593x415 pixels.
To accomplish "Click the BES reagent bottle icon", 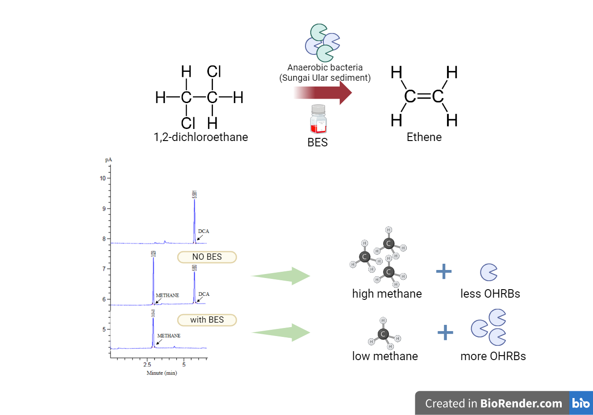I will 318,119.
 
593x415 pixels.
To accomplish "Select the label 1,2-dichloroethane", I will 200,137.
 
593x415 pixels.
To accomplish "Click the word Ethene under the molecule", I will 424,137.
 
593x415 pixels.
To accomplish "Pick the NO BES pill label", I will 207,257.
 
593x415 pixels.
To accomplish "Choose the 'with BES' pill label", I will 207,320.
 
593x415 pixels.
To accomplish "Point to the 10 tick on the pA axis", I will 103,178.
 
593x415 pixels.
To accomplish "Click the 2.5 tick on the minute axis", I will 147,365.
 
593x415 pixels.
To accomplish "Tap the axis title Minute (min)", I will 162,373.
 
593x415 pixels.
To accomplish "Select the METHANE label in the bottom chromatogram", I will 169,336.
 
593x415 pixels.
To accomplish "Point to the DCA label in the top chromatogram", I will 204,231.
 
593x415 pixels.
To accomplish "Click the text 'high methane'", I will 387,294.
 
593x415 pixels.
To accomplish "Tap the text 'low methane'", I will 385,356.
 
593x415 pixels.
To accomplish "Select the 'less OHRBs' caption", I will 490,294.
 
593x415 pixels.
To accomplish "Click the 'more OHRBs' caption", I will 493,356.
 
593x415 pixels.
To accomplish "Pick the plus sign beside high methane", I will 444,271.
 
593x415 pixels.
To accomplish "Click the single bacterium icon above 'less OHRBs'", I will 489,272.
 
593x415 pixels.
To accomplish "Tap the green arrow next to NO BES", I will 281,276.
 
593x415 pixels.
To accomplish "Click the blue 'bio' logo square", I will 581,403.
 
